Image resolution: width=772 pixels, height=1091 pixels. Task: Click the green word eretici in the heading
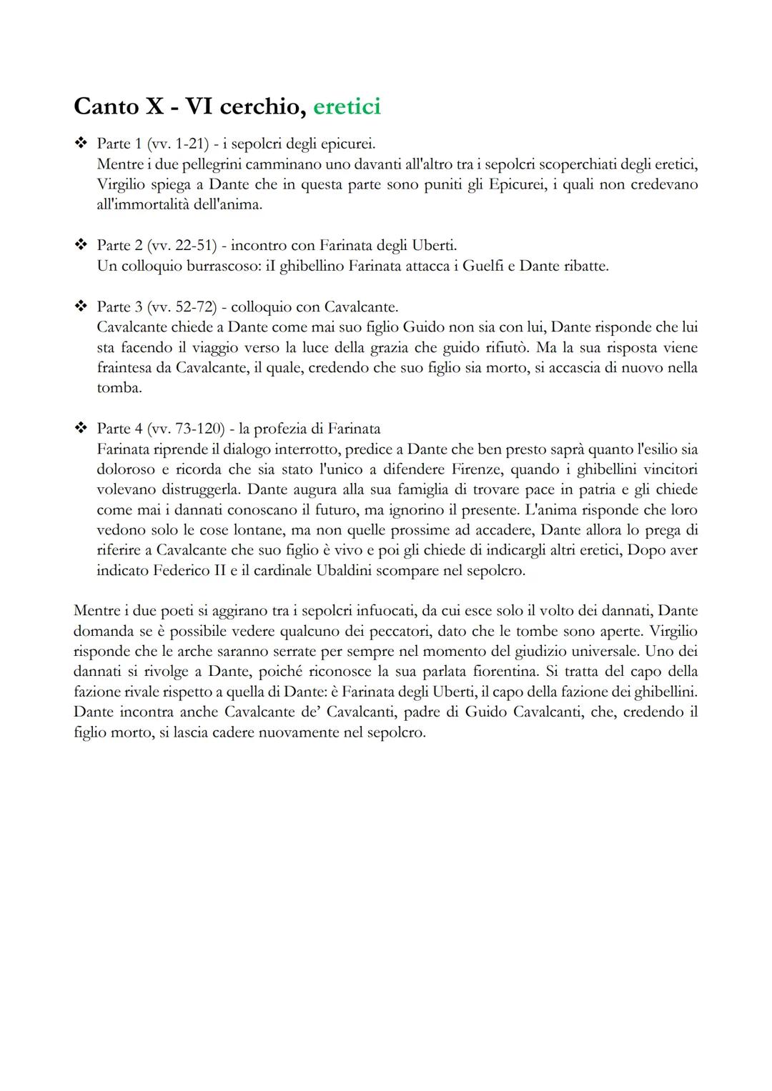[x=347, y=106]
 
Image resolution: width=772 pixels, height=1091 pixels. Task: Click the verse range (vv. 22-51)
[x=182, y=246]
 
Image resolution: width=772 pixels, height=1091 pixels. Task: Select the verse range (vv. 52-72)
[x=182, y=307]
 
